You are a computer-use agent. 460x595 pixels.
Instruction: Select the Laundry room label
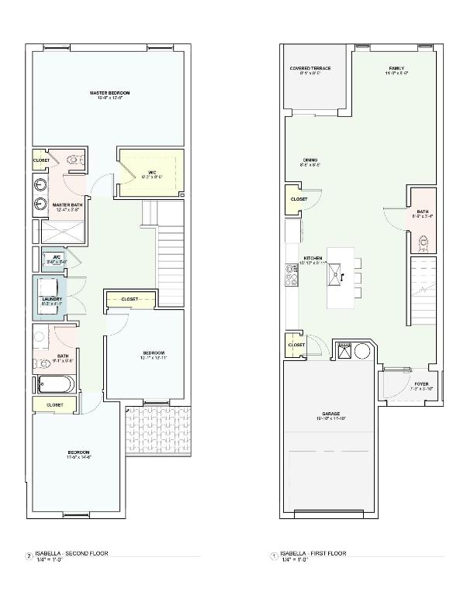click(x=51, y=299)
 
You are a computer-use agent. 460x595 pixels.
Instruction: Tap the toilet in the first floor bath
click(x=422, y=242)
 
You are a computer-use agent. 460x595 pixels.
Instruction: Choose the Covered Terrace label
click(x=310, y=69)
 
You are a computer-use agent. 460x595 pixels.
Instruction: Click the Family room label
click(x=396, y=69)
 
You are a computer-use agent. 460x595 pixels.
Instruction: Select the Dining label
click(x=309, y=161)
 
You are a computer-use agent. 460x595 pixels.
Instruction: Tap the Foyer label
click(x=421, y=384)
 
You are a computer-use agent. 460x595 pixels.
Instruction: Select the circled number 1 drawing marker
click(x=272, y=555)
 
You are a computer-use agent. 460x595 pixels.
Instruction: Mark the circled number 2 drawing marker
click(x=29, y=555)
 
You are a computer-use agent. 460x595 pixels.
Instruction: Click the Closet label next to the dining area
click(x=299, y=199)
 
